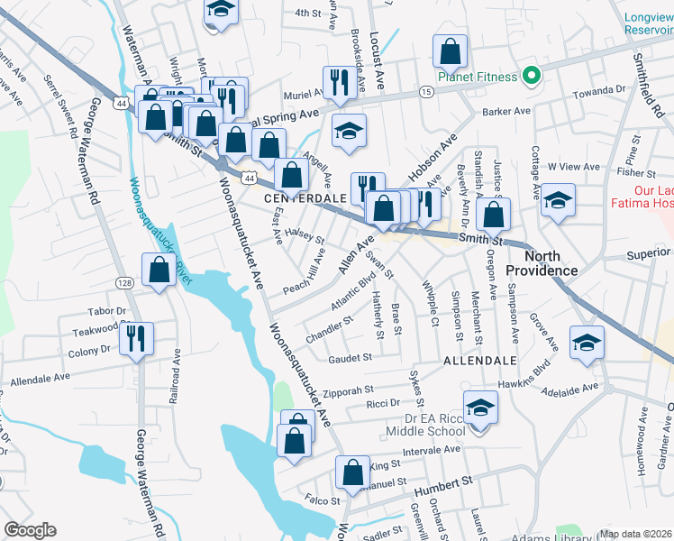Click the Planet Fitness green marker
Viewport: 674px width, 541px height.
[x=532, y=76]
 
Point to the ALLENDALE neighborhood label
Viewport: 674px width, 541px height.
[x=480, y=360]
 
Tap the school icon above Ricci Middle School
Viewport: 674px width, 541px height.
[x=481, y=408]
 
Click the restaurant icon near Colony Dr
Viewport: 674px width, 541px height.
[x=137, y=339]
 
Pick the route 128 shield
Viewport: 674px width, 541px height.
[x=124, y=283]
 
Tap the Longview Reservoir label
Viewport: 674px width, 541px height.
[x=649, y=22]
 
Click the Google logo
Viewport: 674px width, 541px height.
[x=30, y=530]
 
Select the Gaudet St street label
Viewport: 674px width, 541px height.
[x=350, y=358]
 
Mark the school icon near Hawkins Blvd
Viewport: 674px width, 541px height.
[x=587, y=344]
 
